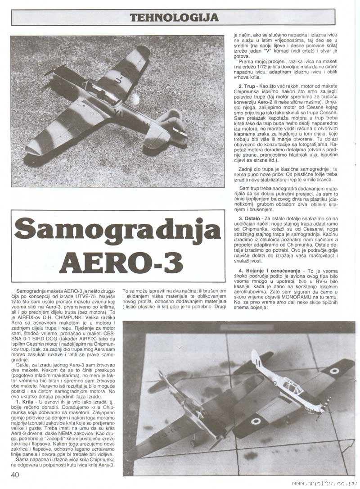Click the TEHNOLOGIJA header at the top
(x=174, y=17)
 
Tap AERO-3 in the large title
(x=121, y=260)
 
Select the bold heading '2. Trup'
(x=246, y=85)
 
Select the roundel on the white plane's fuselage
(x=274, y=383)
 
